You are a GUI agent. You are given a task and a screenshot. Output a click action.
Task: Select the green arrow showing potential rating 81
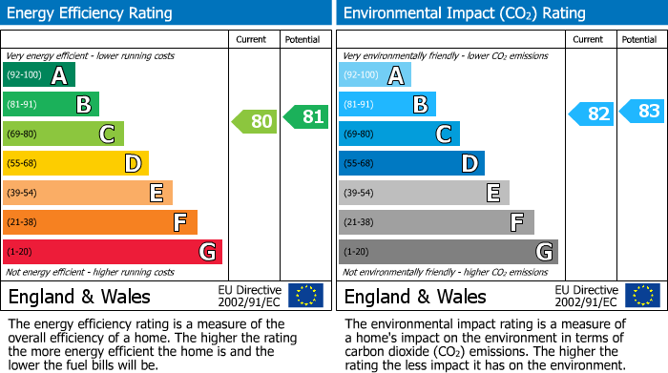306,116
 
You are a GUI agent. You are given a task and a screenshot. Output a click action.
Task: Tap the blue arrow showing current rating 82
592,114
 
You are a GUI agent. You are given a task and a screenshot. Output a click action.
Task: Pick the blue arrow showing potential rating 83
642,111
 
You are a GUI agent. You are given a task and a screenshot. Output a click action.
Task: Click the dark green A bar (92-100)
38,75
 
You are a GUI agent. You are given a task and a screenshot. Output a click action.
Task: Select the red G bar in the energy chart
112,252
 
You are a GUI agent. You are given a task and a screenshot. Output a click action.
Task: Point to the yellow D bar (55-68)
75,163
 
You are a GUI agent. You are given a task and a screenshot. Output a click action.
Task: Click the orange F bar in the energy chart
99,222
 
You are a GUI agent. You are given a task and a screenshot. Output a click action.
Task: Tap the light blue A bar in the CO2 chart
374,75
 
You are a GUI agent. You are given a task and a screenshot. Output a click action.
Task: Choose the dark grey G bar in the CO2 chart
448,252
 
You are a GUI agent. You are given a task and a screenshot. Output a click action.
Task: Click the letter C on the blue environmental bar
443,135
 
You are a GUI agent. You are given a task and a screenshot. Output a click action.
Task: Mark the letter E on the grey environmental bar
492,194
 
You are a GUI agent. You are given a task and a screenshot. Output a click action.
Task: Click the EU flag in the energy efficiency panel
305,296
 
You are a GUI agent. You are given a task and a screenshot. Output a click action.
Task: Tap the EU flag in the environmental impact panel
641,296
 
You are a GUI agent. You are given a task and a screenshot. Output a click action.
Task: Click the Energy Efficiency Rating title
91,13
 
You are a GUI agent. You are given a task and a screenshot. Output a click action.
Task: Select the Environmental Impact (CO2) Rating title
465,13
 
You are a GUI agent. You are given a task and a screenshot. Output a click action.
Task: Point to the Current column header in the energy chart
252,39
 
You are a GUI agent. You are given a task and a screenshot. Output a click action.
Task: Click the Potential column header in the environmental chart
639,39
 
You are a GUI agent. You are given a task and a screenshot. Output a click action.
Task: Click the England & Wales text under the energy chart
79,297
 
